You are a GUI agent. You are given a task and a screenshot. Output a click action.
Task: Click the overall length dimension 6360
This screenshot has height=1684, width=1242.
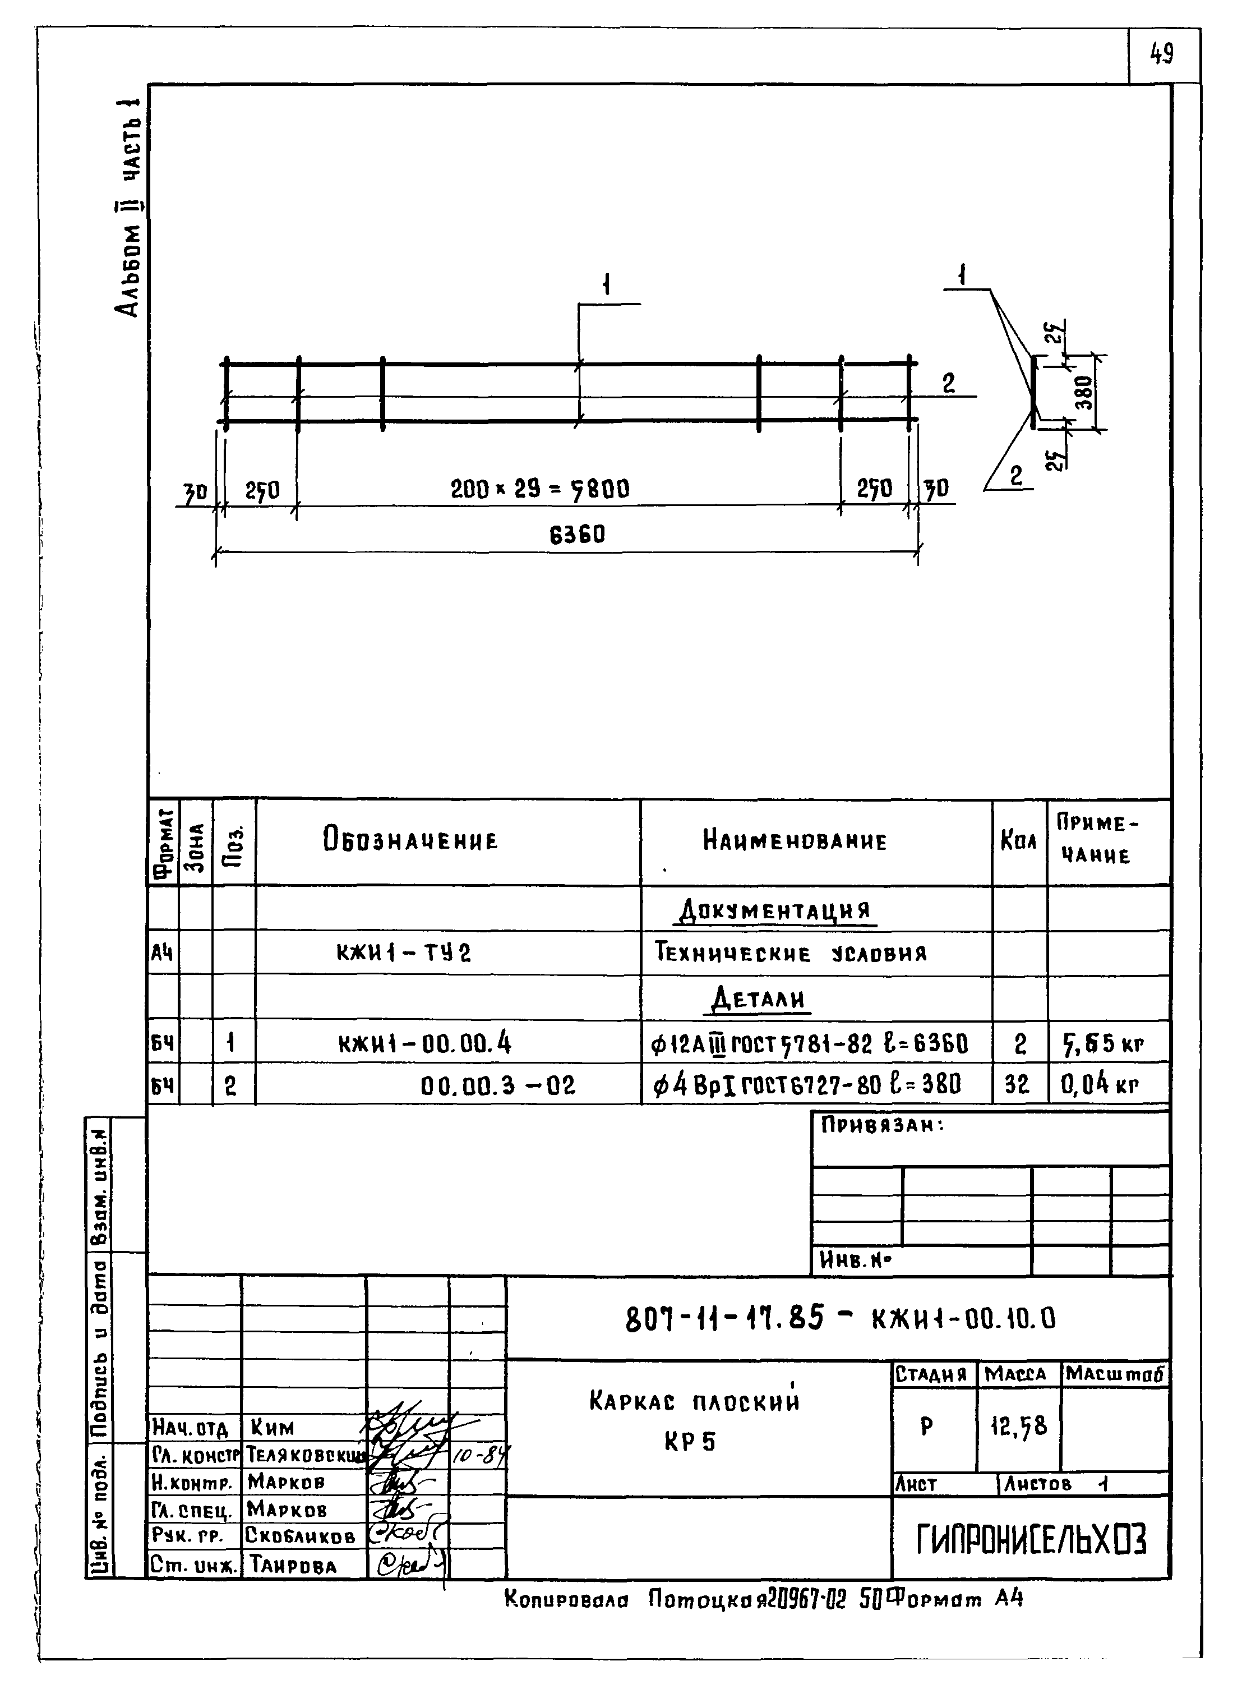pyautogui.click(x=576, y=535)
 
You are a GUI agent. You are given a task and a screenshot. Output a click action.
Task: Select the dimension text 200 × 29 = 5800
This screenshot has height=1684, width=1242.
pyautogui.click(x=540, y=490)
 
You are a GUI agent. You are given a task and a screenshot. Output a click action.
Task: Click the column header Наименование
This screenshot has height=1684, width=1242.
pyautogui.click(x=795, y=841)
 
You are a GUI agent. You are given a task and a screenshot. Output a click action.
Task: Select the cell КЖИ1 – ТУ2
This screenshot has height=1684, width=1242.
pyautogui.click(x=404, y=954)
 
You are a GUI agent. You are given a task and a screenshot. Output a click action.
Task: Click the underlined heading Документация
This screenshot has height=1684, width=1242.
pyautogui.click(x=774, y=912)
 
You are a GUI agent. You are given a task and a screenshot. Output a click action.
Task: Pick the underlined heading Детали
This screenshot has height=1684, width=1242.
pyautogui.click(x=759, y=1000)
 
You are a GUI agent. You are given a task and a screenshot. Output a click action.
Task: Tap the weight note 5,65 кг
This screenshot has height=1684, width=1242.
pyautogui.click(x=1102, y=1043)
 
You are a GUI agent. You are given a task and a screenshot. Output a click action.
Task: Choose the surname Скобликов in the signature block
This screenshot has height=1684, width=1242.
pyautogui.click(x=301, y=1536)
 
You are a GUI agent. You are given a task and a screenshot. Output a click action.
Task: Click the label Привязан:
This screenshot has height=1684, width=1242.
pyautogui.click(x=883, y=1126)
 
